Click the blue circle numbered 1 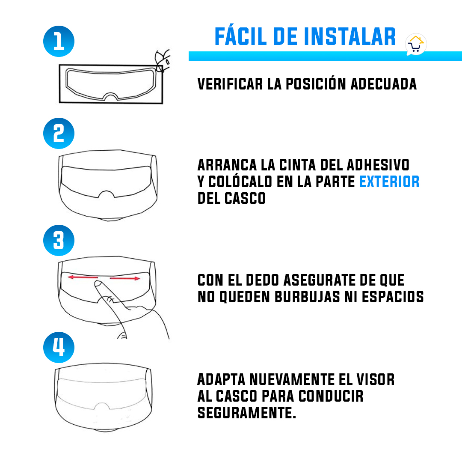[59, 41]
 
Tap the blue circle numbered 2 [59, 133]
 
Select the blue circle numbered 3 [59, 240]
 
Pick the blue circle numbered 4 [59, 347]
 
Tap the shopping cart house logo [416, 44]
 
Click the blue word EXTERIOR [389, 182]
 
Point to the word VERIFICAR [230, 84]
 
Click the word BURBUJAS [307, 297]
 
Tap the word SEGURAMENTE [247, 413]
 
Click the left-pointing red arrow [83, 277]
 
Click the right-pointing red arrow [125, 278]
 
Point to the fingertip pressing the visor [98, 284]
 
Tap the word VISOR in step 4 [376, 379]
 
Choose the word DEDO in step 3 [262, 280]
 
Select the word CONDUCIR [331, 396]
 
